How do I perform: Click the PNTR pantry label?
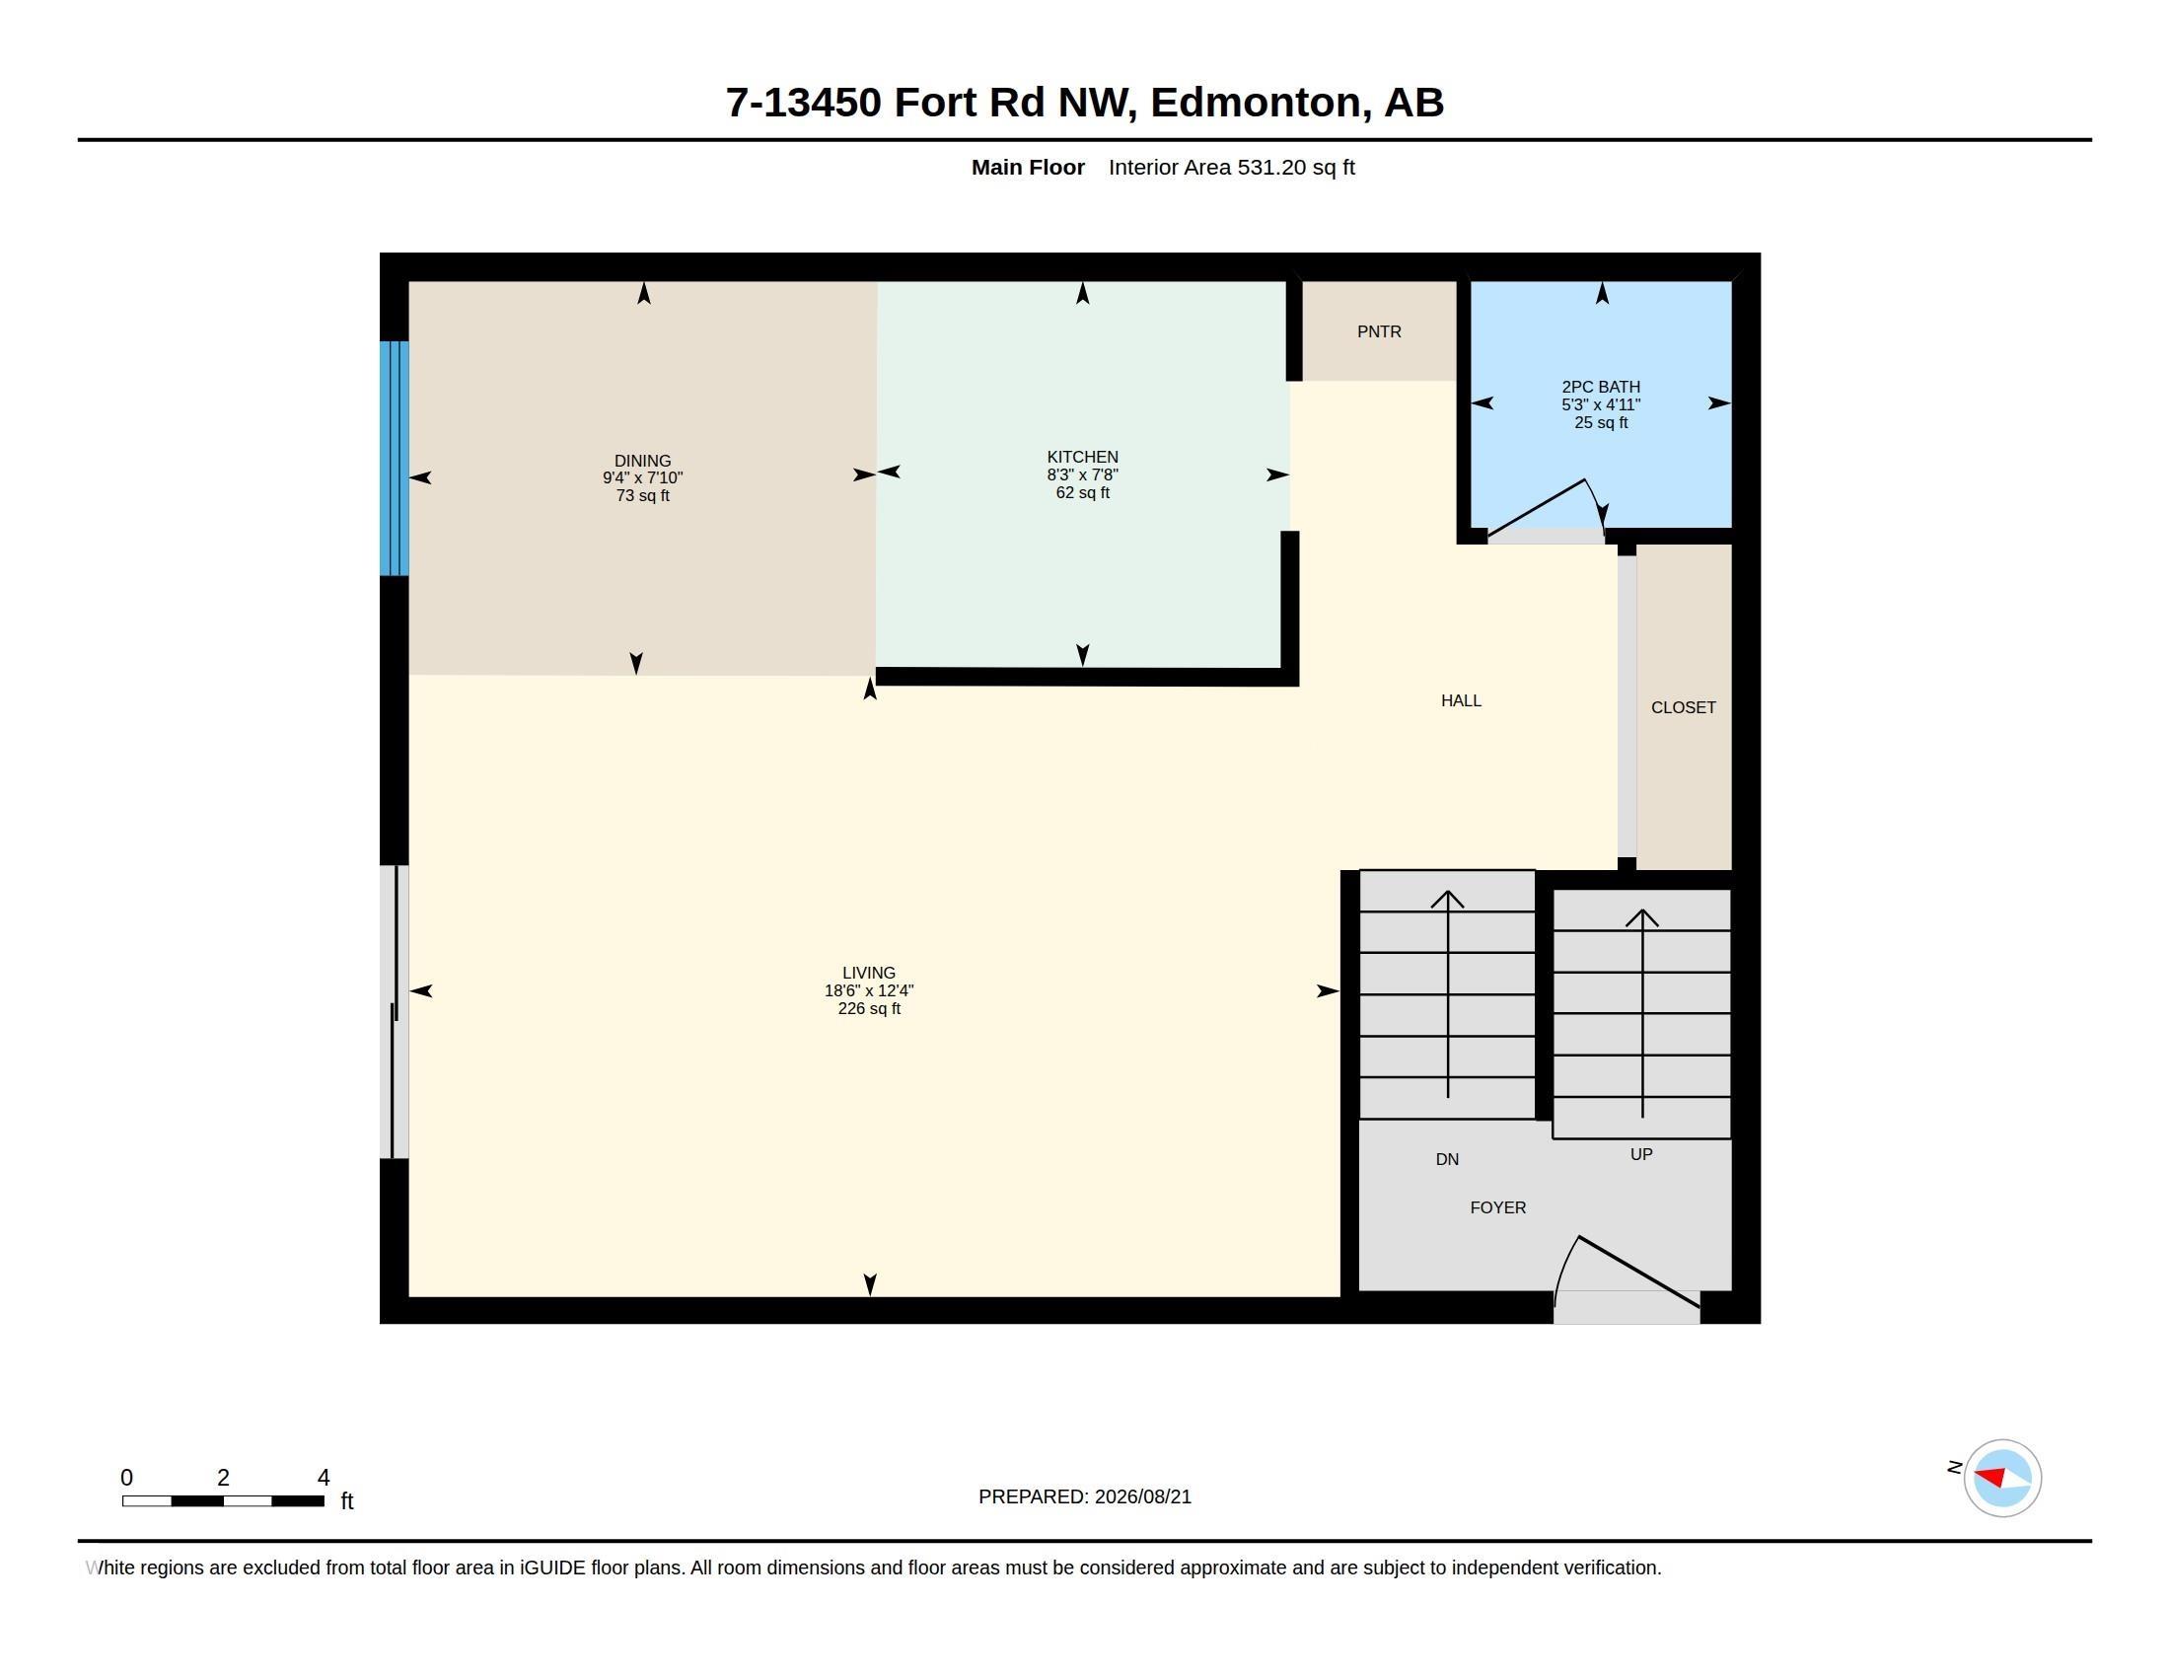[x=1379, y=331]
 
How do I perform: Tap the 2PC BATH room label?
[x=1601, y=387]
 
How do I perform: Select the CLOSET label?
[x=1683, y=707]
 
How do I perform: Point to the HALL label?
[x=1461, y=700]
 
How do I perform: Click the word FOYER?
[x=1497, y=1207]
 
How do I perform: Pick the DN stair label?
[x=1447, y=1158]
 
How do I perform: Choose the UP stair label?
[x=1641, y=1153]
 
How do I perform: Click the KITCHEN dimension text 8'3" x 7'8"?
[x=1082, y=474]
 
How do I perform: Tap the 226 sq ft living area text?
[x=868, y=1008]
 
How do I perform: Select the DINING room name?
[x=642, y=460]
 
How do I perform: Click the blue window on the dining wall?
[x=395, y=458]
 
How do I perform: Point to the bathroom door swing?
[x=1546, y=509]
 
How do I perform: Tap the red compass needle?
[x=1990, y=1477]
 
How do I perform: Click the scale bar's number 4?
[x=323, y=1478]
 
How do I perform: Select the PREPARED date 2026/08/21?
[x=1142, y=1496]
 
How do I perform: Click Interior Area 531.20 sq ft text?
[x=1231, y=167]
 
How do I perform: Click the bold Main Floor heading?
[x=1028, y=167]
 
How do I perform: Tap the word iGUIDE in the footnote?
[x=552, y=1568]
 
